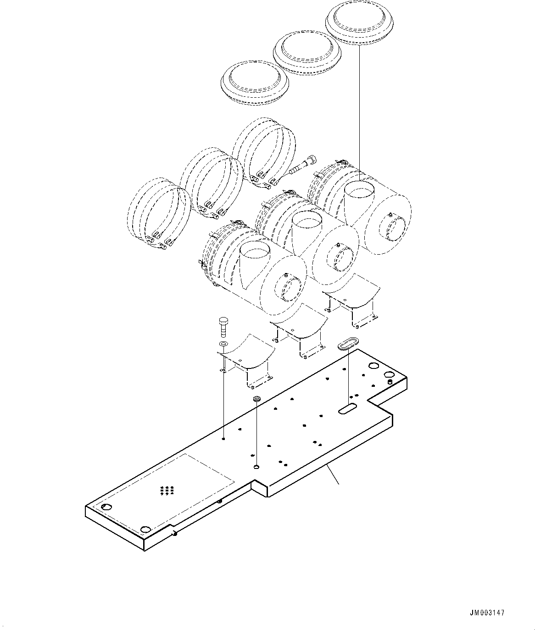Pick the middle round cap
click(x=307, y=51)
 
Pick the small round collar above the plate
click(x=257, y=399)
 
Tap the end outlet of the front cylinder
click(x=288, y=291)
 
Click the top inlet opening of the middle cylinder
click(x=307, y=221)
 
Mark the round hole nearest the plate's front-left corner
click(x=146, y=529)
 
